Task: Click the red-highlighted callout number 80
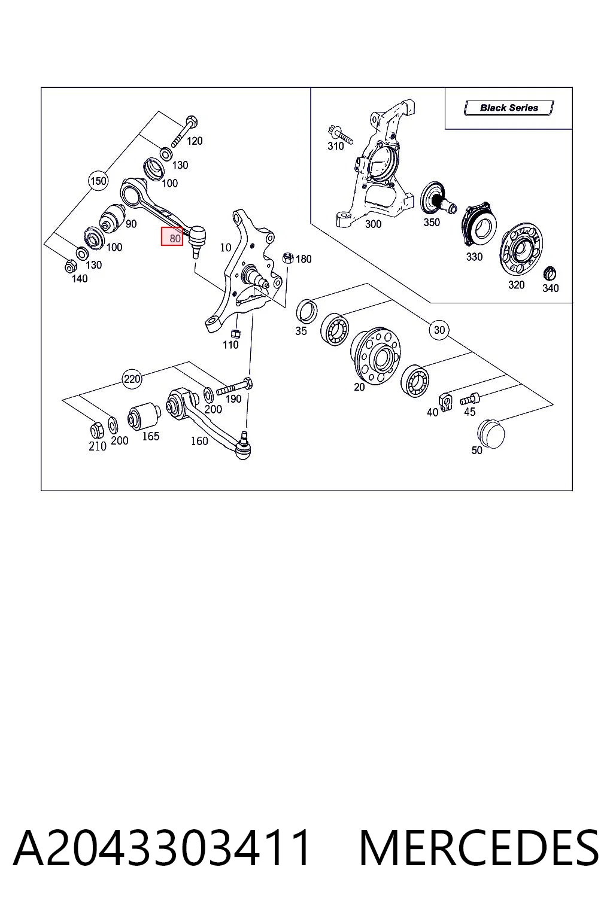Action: tap(172, 236)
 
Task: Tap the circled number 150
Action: tap(98, 181)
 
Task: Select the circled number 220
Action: tap(132, 379)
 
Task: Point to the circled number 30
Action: tap(439, 330)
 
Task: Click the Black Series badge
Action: tap(509, 108)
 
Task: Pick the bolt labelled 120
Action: tap(184, 131)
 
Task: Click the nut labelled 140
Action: tap(69, 267)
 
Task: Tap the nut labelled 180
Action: tap(288, 258)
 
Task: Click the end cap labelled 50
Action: tap(491, 434)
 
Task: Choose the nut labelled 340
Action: tap(550, 273)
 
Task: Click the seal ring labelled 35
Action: tap(306, 311)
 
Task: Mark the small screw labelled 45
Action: tap(470, 398)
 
